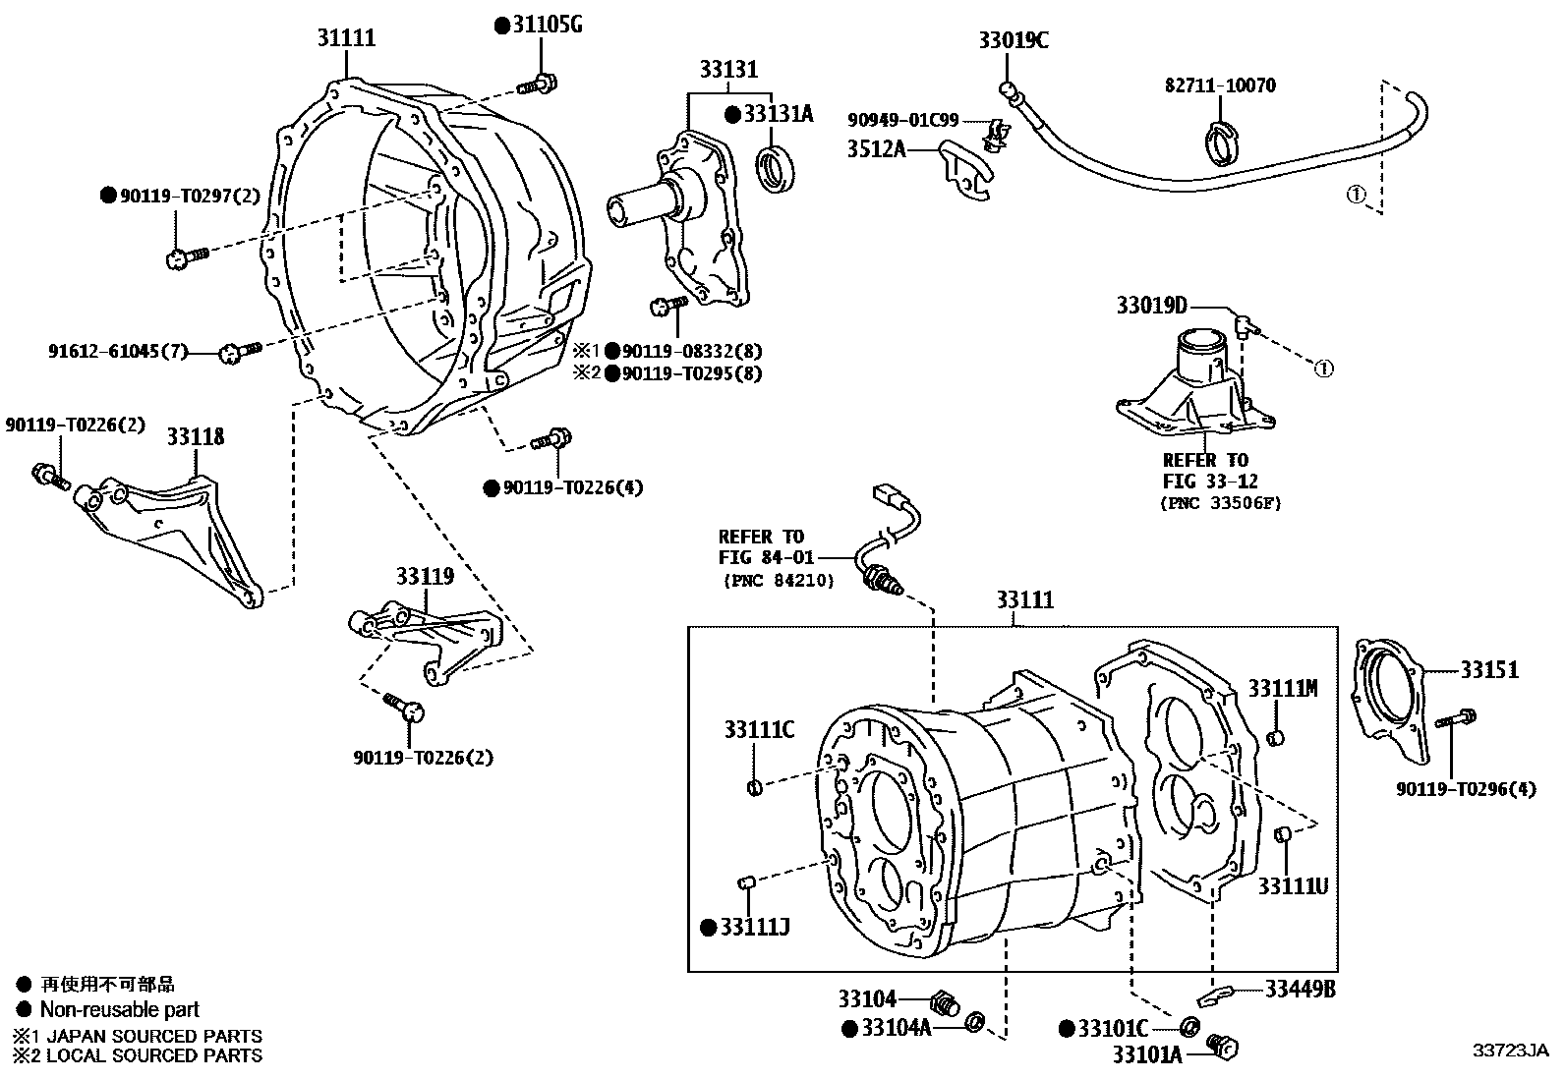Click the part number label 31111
pos(345,39)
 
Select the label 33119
pos(425,577)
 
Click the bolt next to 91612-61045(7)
pos(238,350)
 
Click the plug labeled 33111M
pos(1275,738)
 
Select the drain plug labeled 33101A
pos(1223,1049)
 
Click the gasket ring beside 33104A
pos(976,1023)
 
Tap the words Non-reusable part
pos(119,1009)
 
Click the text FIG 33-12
pos(1209,482)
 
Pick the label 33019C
pos(1013,40)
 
